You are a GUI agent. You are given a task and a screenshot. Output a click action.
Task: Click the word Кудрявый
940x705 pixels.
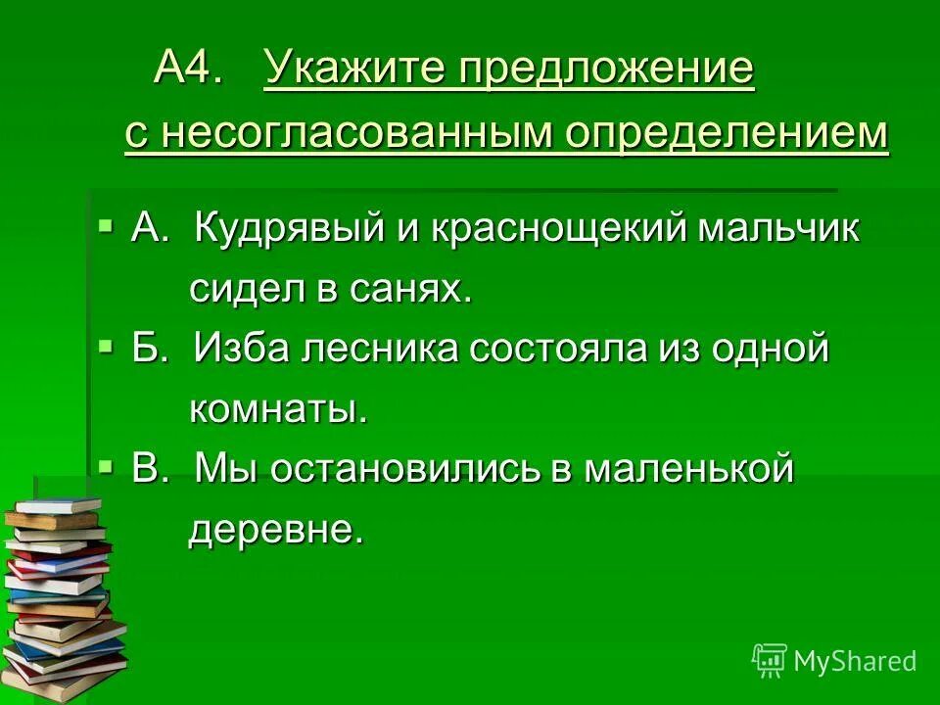[x=295, y=230]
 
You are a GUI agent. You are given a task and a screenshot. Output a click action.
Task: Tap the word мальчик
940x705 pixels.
[x=778, y=230]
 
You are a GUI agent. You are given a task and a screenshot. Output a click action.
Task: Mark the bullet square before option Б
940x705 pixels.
[x=106, y=346]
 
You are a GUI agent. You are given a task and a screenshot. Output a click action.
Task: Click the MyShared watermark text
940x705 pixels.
[x=855, y=661]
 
